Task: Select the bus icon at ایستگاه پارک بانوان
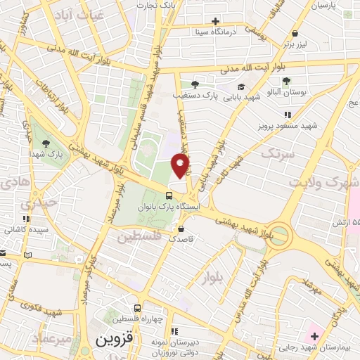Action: tap(169, 195)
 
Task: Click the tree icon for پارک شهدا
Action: tap(46, 143)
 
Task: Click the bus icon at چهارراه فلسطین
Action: tap(137, 308)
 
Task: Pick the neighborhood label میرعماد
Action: tap(53, 339)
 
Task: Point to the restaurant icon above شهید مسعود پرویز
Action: tap(287, 115)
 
